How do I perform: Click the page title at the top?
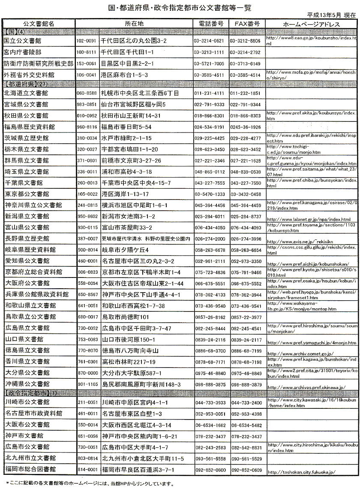[x=180, y=6]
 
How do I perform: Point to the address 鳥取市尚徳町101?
[x=125, y=317]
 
